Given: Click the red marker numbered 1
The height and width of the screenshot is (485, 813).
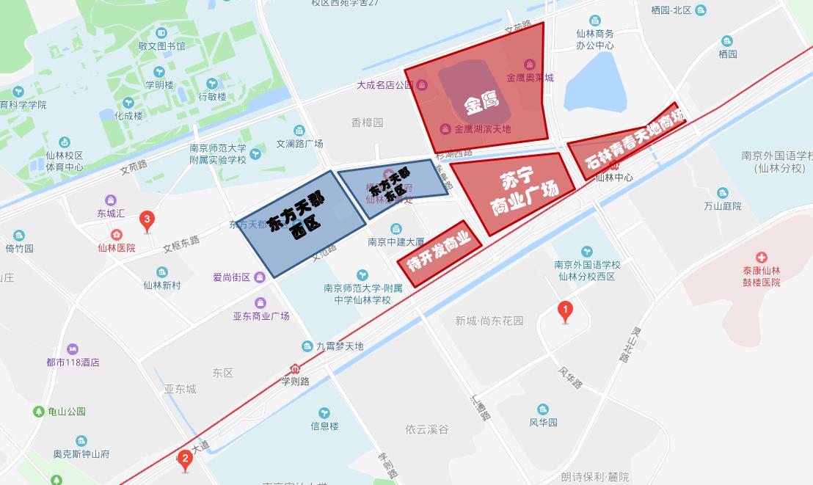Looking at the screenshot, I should click(565, 311).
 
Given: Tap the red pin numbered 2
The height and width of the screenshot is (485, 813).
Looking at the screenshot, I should click(185, 460).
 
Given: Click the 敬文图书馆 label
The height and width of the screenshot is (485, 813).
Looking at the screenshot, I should click(161, 45).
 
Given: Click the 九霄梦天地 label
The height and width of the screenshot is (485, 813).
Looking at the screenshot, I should click(340, 346).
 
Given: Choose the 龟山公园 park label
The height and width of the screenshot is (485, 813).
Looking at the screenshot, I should click(67, 412).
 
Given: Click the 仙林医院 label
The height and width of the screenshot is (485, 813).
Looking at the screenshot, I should click(117, 247).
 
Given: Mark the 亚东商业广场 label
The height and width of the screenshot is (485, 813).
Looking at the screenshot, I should click(261, 316).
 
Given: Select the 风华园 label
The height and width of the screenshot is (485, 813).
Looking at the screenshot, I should click(543, 422).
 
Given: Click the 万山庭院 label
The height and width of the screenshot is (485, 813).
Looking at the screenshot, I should click(722, 206).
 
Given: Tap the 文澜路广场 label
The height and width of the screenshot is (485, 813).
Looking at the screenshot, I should click(299, 144).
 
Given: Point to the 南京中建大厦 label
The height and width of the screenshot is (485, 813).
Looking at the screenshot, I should click(396, 241).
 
